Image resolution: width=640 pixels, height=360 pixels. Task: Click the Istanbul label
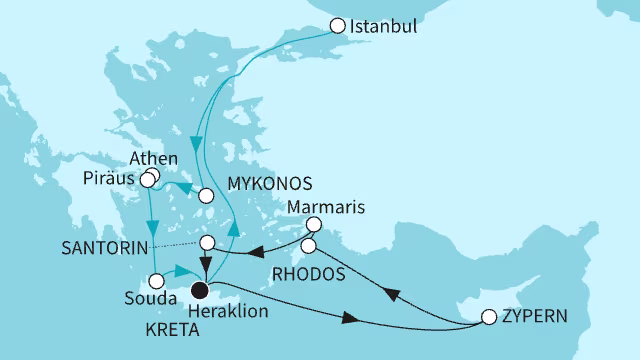tap(383, 28)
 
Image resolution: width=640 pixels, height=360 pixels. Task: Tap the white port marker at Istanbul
tap(337, 27)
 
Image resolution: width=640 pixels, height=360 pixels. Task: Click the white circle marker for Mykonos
tap(206, 196)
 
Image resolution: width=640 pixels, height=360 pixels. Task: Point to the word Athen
tap(154, 159)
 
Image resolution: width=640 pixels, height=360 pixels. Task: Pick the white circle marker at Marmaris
tap(313, 225)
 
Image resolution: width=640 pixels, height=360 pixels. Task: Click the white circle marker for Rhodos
tap(309, 245)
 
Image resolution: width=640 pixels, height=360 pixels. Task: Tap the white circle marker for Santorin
tap(207, 243)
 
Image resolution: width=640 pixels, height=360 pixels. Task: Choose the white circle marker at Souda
tap(157, 280)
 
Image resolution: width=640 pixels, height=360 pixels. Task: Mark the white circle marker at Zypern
tap(489, 318)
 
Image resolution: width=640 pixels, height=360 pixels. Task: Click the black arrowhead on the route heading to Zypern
tap(352, 318)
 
